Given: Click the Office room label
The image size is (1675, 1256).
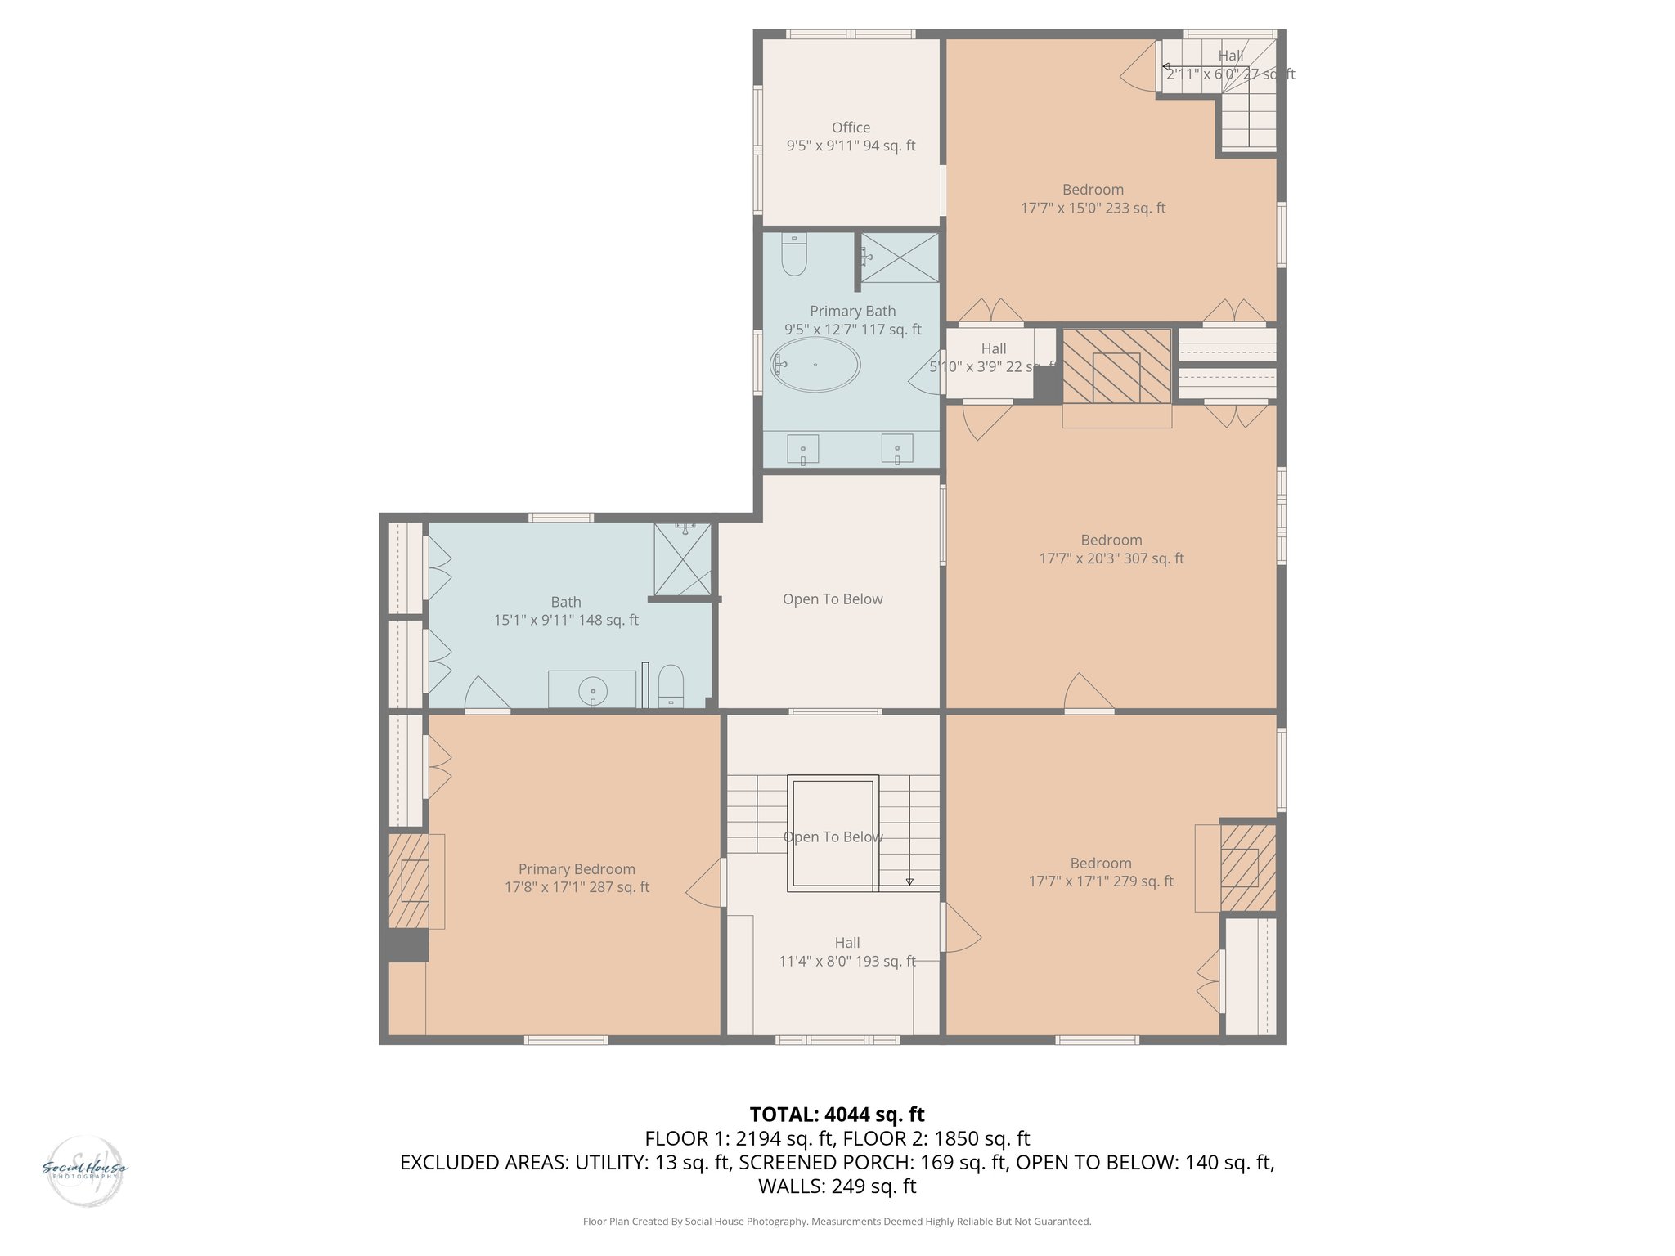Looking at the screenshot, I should [x=851, y=128].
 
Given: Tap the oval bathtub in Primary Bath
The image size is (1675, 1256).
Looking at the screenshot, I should [x=815, y=365].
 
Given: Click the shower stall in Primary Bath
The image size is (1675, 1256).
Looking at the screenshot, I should [x=900, y=258].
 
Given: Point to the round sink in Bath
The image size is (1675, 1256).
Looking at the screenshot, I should [x=593, y=691].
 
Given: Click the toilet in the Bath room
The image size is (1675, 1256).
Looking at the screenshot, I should [x=671, y=685].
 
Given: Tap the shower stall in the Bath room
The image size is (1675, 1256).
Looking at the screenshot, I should [x=682, y=559].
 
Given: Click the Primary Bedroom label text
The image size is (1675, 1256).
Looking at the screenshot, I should [x=577, y=869].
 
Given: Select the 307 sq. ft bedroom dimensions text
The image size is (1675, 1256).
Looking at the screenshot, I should [x=1111, y=558].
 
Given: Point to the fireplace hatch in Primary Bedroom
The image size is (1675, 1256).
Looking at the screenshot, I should [x=408, y=881].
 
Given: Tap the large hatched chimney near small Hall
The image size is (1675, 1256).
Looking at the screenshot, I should [x=1116, y=366].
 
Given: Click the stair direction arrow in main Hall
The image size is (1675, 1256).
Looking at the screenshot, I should [x=909, y=881].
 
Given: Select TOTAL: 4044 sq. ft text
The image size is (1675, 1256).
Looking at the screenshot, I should [x=837, y=1115].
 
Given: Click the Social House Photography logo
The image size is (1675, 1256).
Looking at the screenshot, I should [x=84, y=1170].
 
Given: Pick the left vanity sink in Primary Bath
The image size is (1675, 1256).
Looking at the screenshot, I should [x=802, y=449].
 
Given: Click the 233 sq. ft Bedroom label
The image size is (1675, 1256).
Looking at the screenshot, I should [x=1093, y=190].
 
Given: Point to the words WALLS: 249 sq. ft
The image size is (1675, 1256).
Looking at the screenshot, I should [x=837, y=1186].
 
